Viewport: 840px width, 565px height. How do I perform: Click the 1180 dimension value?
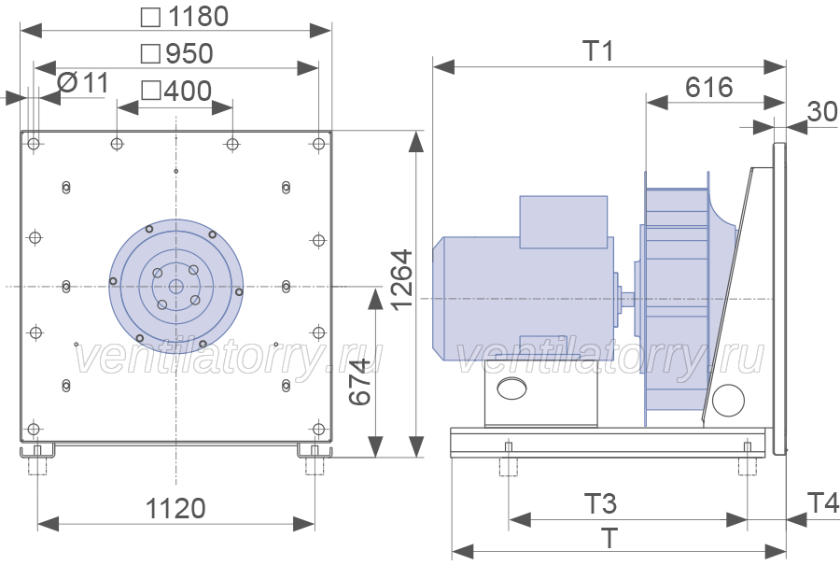point(198,17)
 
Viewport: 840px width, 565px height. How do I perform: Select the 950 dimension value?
point(189,53)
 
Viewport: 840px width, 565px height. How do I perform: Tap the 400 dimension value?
point(188,91)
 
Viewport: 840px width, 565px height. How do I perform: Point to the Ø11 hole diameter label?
point(83,83)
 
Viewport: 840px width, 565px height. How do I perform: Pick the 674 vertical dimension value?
point(359,382)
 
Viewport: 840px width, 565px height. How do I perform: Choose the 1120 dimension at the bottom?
point(175,508)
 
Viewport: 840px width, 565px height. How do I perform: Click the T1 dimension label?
point(598,51)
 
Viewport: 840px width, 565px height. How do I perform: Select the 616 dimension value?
point(708,88)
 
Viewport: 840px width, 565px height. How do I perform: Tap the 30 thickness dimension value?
point(822,111)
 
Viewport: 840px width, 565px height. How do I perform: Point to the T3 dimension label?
point(600,504)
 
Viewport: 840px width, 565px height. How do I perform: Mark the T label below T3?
point(609,538)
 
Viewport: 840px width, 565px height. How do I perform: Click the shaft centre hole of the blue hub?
point(175,287)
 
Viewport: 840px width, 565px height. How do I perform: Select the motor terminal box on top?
point(564,222)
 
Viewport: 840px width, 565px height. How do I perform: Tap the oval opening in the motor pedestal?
point(511,388)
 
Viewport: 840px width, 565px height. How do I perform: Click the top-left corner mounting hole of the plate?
point(34,144)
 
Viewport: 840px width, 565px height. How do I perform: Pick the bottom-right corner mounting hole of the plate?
point(319,430)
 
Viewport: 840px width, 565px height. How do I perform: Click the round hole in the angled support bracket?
point(728,400)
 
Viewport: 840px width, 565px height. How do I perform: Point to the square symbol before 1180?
point(150,17)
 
